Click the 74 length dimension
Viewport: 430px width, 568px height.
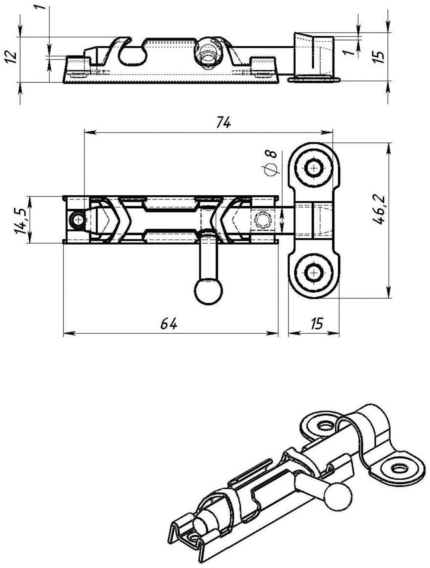click(224, 123)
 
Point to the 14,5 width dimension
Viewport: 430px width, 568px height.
click(20, 220)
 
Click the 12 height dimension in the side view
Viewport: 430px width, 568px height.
click(12, 56)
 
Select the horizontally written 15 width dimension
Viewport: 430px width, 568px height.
click(317, 323)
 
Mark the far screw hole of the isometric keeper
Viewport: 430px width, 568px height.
click(326, 425)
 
